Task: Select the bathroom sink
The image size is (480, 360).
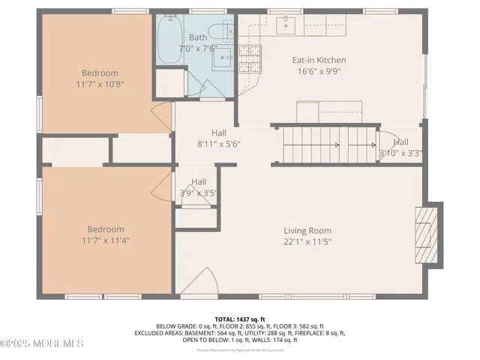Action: (x=222, y=58)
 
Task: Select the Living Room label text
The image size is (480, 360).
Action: (x=307, y=230)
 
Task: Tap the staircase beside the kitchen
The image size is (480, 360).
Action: (x=328, y=144)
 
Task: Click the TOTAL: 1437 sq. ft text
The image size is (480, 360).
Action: (x=239, y=319)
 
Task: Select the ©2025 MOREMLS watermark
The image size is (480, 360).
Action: (x=42, y=343)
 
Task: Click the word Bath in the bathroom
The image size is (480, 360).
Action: (x=198, y=37)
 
